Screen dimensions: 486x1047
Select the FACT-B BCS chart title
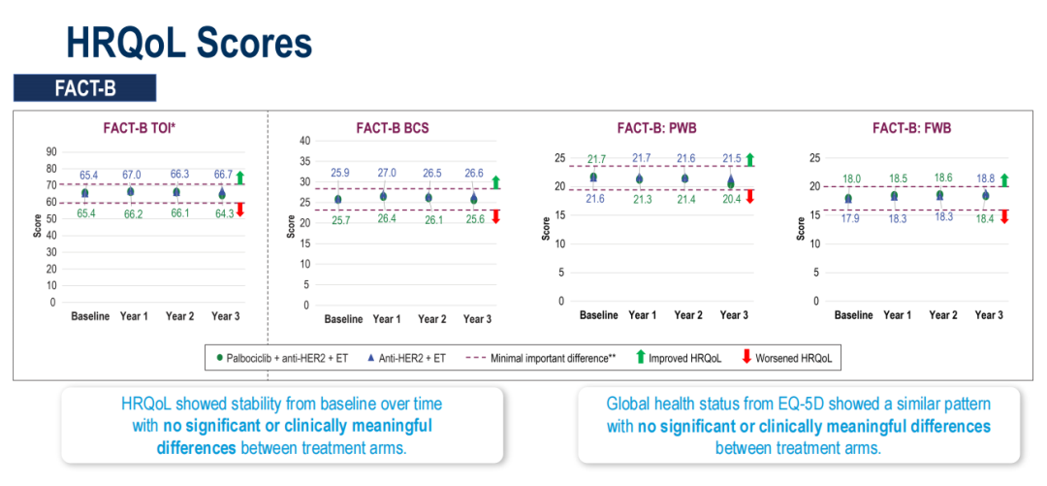[393, 127]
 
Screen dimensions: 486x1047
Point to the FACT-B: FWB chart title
[911, 127]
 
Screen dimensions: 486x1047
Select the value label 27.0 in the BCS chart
[386, 173]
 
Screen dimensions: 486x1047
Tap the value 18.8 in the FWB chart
[984, 178]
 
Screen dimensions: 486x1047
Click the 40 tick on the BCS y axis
[304, 141]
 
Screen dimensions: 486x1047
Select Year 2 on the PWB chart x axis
[688, 315]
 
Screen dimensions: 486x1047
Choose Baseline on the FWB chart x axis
[853, 315]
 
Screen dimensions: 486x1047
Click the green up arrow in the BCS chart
[495, 181]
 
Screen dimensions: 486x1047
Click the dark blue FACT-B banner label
[85, 88]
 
